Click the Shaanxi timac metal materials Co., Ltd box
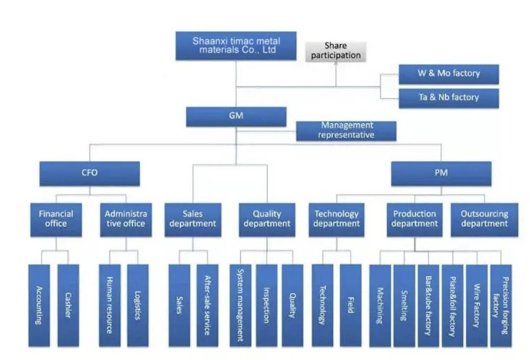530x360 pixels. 236,46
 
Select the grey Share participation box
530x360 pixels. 335,51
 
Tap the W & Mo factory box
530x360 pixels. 448,74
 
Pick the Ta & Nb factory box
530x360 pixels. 448,98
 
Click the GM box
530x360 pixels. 236,116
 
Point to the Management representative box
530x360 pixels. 346,130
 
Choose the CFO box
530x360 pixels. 90,173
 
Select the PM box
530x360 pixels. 441,173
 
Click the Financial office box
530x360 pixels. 56,219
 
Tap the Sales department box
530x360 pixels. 192,219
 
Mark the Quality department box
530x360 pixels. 267,219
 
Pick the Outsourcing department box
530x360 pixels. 484,219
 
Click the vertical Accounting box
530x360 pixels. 39,305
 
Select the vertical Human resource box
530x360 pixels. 110,305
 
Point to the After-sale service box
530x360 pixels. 207,305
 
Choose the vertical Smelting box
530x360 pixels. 404,305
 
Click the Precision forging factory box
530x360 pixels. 501,305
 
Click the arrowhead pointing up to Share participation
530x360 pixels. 335,65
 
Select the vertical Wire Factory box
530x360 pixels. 476,305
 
